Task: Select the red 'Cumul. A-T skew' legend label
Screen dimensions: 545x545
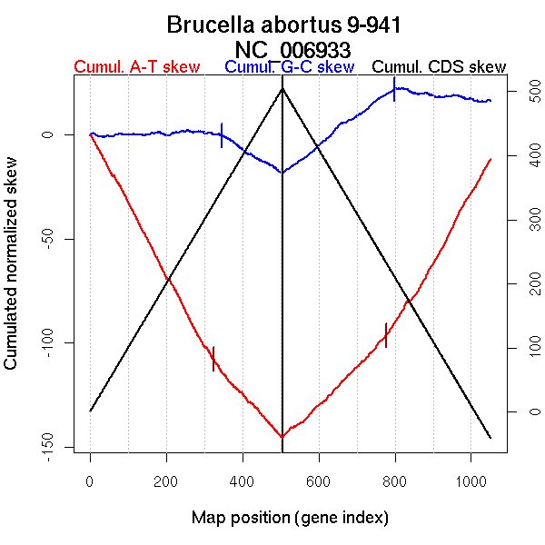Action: (137, 67)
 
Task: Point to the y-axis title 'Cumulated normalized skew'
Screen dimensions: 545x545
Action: (12, 273)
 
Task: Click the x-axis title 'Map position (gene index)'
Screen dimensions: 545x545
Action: (290, 518)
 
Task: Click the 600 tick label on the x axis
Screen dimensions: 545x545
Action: (319, 480)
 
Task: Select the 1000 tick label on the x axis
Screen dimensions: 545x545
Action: (471, 480)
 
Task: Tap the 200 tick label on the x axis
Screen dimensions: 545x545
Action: (166, 480)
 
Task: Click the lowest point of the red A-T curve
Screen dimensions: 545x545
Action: (282, 437)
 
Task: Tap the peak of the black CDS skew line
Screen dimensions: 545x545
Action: (282, 87)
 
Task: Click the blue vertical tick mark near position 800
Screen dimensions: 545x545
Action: (394, 89)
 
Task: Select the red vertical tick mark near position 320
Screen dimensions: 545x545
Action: (213, 358)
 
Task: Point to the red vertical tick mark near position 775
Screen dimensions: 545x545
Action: (386, 334)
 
